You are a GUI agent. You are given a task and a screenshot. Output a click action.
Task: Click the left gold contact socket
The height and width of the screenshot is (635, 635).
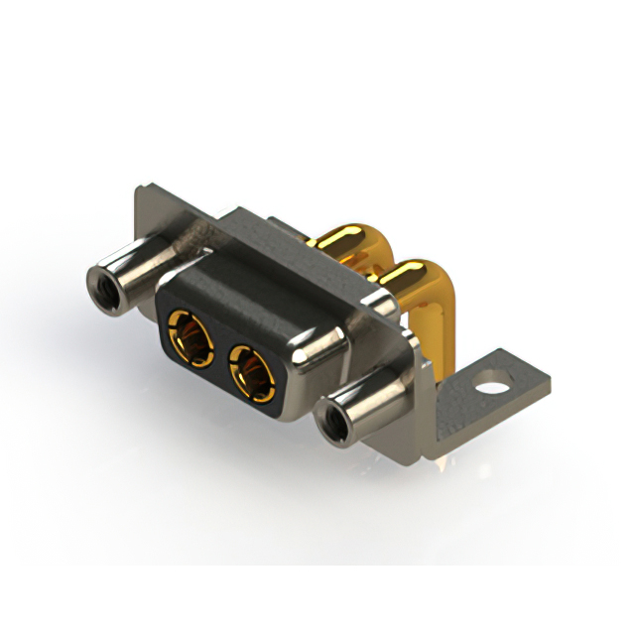coord(191,335)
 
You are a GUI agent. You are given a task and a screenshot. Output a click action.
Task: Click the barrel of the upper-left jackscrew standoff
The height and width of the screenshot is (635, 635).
coord(134,279)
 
